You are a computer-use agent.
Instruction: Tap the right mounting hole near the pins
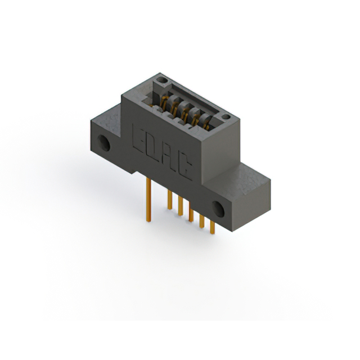tap(218, 209)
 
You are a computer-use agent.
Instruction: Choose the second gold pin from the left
tap(169, 200)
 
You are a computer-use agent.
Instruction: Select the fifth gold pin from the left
tap(201, 222)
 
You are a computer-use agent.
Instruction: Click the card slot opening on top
tap(188, 104)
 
